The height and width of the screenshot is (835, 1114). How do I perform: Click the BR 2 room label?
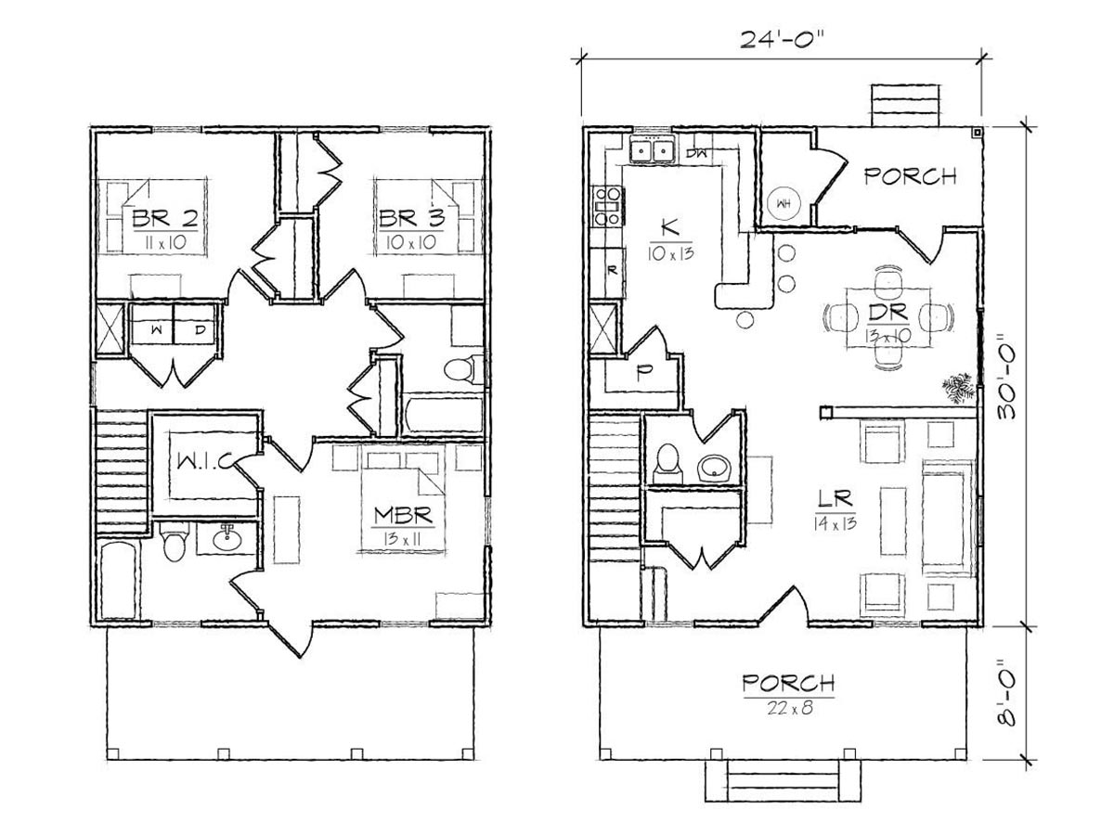click(x=164, y=219)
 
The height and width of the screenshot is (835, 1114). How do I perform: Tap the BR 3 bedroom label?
click(x=411, y=219)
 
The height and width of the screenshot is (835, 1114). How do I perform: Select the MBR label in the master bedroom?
click(x=403, y=516)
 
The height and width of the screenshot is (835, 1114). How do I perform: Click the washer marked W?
click(x=154, y=324)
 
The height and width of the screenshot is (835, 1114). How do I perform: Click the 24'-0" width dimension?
click(x=780, y=40)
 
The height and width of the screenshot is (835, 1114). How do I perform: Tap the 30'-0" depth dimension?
click(x=1006, y=375)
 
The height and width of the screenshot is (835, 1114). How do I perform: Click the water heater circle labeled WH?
click(x=784, y=204)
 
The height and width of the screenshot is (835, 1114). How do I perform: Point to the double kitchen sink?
click(x=652, y=150)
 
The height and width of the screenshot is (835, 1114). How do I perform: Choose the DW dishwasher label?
click(x=696, y=152)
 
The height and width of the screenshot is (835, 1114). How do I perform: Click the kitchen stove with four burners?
click(x=607, y=206)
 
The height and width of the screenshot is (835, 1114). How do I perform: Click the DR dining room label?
click(x=888, y=313)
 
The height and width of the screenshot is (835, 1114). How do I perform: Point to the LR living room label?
click(x=835, y=498)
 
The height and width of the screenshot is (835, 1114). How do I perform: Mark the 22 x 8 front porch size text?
click(x=789, y=708)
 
